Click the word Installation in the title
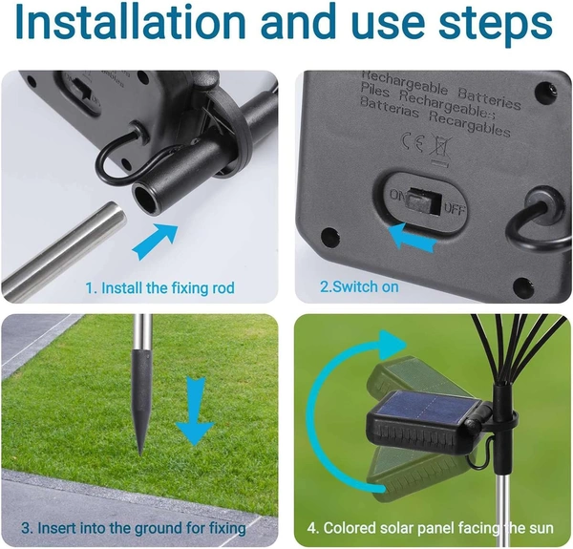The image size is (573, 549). coord(130,22)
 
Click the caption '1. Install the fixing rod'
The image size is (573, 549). coord(160,287)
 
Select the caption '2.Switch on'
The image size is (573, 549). coord(359,286)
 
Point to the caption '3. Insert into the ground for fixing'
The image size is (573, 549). coord(134,528)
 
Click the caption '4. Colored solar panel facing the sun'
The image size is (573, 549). coord(431,528)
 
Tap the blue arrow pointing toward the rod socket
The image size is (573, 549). coord(154,241)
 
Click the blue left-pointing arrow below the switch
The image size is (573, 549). coord(412,236)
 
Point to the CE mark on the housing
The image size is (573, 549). coord(412,142)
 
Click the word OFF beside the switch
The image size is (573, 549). coord(455,208)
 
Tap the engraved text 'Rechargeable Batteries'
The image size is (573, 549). coord(440,90)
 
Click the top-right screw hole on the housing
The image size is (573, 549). coord(547,92)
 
